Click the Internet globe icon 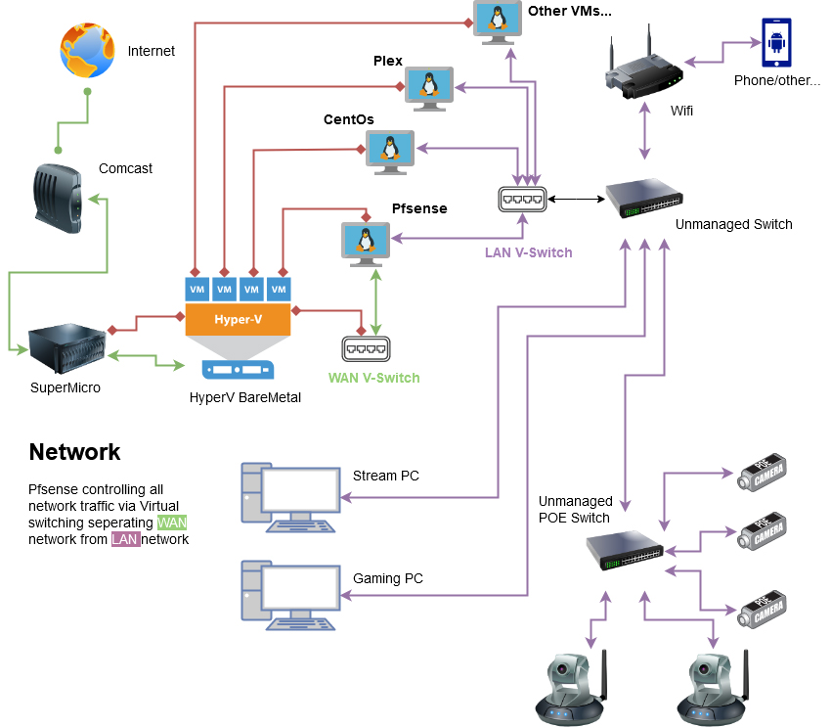click(87, 51)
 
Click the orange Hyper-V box click(238, 320)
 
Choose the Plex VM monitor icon click(429, 87)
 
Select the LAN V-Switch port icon click(521, 199)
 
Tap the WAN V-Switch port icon click(367, 349)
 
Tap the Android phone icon click(777, 43)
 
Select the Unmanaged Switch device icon click(642, 199)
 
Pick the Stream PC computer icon click(288, 491)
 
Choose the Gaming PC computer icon click(288, 591)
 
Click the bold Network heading click(74, 452)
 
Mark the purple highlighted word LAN click(125, 539)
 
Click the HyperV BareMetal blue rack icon click(238, 370)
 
